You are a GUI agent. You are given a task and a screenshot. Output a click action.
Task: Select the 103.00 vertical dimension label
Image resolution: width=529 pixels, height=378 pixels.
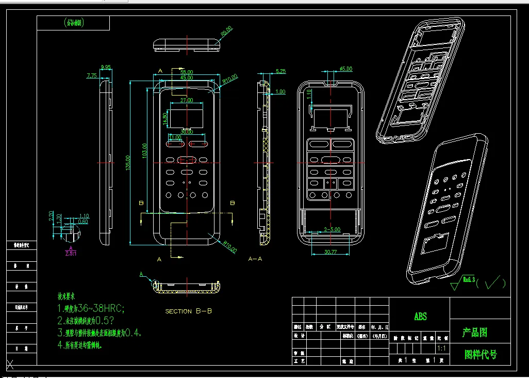[145, 151]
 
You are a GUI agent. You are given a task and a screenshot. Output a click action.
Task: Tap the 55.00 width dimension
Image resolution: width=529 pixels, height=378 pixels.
[187, 72]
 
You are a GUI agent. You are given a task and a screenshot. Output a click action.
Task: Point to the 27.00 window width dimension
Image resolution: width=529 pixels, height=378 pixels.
[187, 100]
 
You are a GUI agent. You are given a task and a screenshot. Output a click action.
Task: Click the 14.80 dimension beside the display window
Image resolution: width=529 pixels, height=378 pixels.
[165, 118]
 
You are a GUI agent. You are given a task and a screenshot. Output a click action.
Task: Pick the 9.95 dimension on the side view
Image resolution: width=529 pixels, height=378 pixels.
[106, 67]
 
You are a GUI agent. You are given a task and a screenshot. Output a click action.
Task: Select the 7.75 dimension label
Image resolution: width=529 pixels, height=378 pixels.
[92, 75]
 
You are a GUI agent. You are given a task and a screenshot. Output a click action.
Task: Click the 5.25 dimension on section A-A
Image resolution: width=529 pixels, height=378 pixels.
[281, 71]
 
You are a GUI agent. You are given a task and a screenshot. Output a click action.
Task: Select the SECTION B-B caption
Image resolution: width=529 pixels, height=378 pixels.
[188, 311]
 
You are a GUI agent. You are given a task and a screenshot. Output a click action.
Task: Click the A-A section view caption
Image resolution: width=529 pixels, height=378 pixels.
[255, 258]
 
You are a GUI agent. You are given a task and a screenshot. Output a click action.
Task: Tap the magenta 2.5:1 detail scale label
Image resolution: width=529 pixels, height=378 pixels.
[70, 253]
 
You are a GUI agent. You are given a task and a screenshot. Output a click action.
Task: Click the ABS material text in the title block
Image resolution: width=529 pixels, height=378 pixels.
[420, 317]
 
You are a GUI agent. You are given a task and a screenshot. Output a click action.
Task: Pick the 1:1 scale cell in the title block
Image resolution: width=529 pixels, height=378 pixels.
[441, 349]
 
